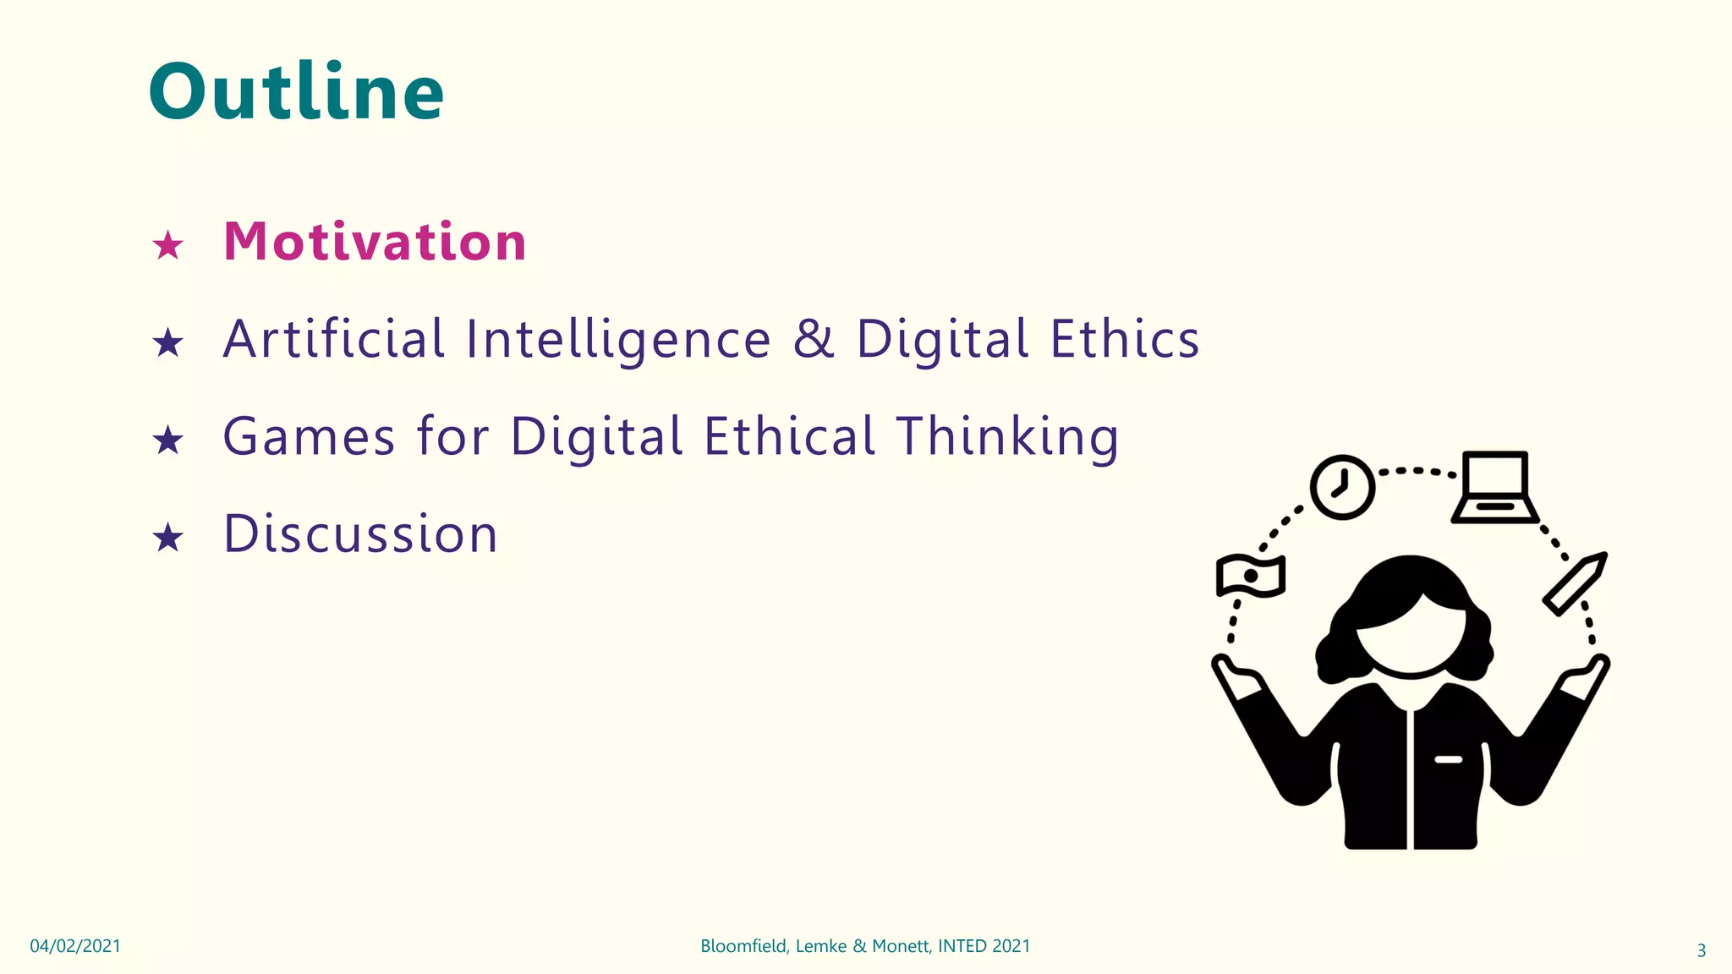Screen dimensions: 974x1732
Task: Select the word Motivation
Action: [375, 242]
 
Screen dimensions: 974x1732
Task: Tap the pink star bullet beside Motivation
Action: [167, 246]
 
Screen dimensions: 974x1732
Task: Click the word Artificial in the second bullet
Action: [333, 339]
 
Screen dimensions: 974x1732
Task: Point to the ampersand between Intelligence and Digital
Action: [813, 339]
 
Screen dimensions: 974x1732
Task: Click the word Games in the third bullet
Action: [309, 437]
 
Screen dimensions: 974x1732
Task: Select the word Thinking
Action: [1007, 437]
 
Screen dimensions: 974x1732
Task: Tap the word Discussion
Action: [361, 534]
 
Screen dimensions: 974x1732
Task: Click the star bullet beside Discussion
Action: [167, 538]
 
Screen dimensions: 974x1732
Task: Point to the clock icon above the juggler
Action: [1342, 487]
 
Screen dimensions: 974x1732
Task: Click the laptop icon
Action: [1494, 488]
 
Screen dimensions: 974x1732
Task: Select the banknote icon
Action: [1250, 576]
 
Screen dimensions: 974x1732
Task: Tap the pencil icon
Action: [1574, 583]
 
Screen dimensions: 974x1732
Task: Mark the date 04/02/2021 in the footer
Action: [75, 946]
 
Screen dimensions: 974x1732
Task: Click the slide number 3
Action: [1701, 950]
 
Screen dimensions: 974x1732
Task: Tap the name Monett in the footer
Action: [901, 946]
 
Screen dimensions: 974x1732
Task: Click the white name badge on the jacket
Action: [1448, 759]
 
